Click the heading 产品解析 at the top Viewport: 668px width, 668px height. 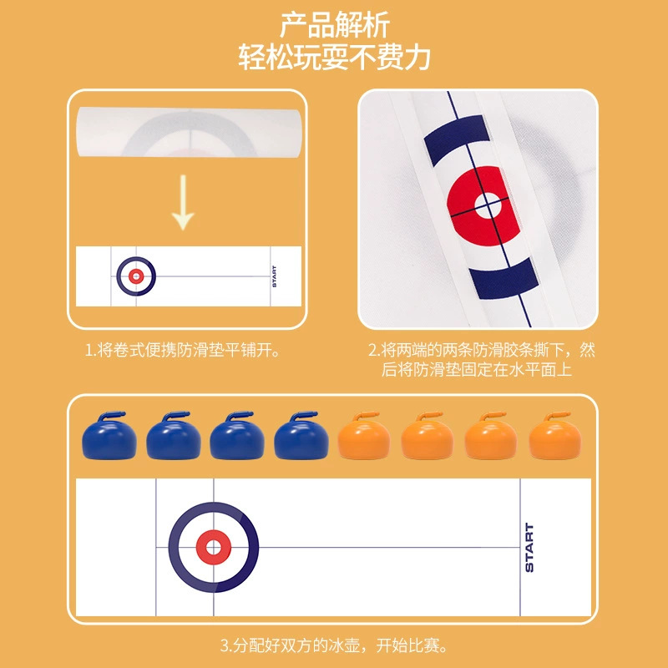(x=334, y=25)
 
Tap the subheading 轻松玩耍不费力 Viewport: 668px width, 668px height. (x=334, y=58)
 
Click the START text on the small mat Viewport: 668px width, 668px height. (x=273, y=276)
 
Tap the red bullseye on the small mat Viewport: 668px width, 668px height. (x=136, y=275)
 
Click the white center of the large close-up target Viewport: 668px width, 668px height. (x=485, y=203)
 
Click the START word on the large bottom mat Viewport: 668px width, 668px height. (x=529, y=548)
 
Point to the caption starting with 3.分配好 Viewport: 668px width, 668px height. (x=334, y=645)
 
